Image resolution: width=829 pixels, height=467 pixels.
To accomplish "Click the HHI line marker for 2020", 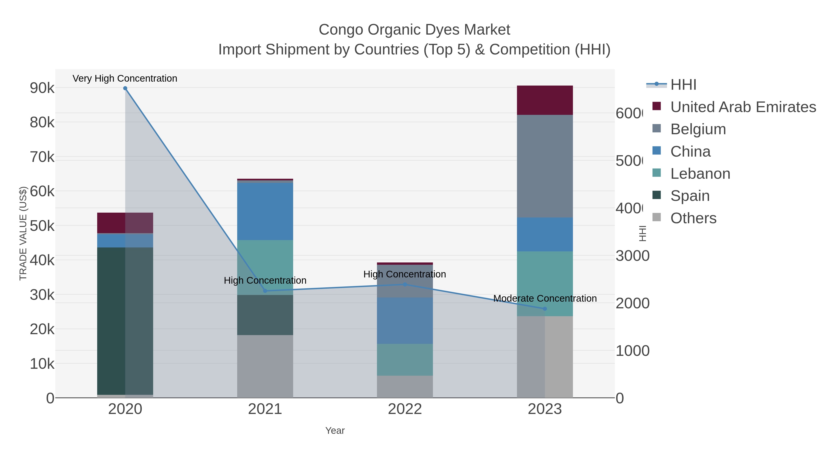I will click(125, 88).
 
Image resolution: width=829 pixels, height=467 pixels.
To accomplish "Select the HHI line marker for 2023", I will click(545, 309).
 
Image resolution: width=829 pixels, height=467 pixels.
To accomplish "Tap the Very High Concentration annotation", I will click(125, 78).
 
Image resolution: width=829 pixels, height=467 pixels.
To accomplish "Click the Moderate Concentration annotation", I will click(545, 298).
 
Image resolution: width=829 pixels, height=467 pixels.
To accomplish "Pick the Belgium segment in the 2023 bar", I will click(545, 166).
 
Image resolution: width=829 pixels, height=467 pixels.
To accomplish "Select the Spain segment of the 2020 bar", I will click(111, 321).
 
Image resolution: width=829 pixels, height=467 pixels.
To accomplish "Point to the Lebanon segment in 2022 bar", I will click(405, 359).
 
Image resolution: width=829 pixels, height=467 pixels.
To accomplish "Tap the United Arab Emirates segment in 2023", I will click(545, 100).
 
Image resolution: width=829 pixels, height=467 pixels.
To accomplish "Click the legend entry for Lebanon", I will click(700, 174).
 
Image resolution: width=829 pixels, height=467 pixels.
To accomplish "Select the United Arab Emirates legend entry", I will click(743, 107).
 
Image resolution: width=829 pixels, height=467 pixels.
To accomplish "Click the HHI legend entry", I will click(683, 85).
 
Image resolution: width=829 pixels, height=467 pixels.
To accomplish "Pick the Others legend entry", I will click(693, 218).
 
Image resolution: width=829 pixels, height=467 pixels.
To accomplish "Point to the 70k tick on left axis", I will click(42, 157).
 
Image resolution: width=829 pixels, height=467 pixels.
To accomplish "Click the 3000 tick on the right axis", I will click(632, 256).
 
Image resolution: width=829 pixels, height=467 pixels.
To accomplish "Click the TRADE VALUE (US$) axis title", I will click(23, 233).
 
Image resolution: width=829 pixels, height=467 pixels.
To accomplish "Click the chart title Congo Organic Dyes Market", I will click(414, 30).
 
